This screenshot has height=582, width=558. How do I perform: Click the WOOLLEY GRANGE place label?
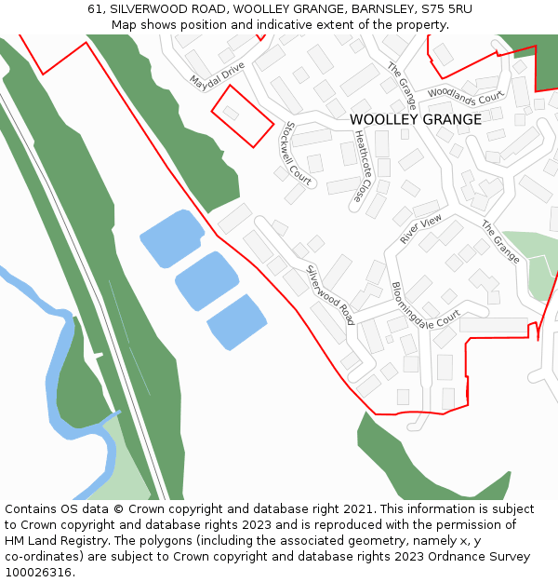(x=416, y=119)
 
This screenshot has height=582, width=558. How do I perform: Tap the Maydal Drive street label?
(x=217, y=77)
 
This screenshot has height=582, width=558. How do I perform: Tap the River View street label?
(x=421, y=228)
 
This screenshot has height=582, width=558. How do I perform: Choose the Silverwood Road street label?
(x=331, y=294)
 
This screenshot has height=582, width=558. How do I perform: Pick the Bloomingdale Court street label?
(x=425, y=305)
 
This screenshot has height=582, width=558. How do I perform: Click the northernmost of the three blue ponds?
(x=172, y=237)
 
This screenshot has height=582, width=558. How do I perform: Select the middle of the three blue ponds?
(x=206, y=280)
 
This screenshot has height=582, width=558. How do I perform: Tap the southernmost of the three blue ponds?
(x=237, y=322)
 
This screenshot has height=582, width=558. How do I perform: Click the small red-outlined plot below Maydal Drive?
(x=242, y=115)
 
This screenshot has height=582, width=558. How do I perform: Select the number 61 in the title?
(x=95, y=9)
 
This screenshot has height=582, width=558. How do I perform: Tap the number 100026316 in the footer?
(x=39, y=573)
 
